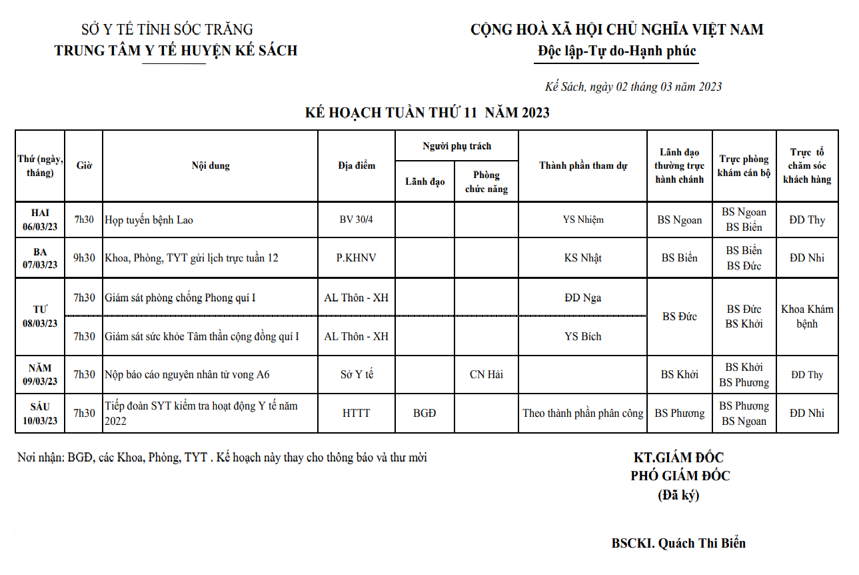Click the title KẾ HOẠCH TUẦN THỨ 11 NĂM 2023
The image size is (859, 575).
click(427, 113)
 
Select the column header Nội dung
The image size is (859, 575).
click(210, 165)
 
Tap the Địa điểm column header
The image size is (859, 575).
click(357, 165)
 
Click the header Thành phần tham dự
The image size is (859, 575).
click(582, 165)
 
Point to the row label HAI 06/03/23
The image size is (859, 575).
click(40, 219)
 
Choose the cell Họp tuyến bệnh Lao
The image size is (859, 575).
click(149, 219)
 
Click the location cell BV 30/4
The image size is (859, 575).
click(357, 219)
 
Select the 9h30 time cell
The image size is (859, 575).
click(85, 258)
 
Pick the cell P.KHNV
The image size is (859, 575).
click(357, 258)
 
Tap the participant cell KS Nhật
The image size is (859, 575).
click(582, 258)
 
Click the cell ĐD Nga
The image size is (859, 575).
click(582, 298)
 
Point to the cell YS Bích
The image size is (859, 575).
click(582, 336)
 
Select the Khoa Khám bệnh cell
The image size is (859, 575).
click(807, 316)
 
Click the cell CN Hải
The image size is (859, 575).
click(486, 375)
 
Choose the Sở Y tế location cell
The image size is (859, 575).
click(357, 375)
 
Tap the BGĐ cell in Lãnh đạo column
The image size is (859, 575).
click(425, 414)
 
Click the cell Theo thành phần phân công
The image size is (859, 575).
click(582, 414)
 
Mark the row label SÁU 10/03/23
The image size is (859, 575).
click(40, 414)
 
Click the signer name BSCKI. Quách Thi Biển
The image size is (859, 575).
click(678, 543)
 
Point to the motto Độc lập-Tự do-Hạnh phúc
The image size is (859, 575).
click(616, 51)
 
